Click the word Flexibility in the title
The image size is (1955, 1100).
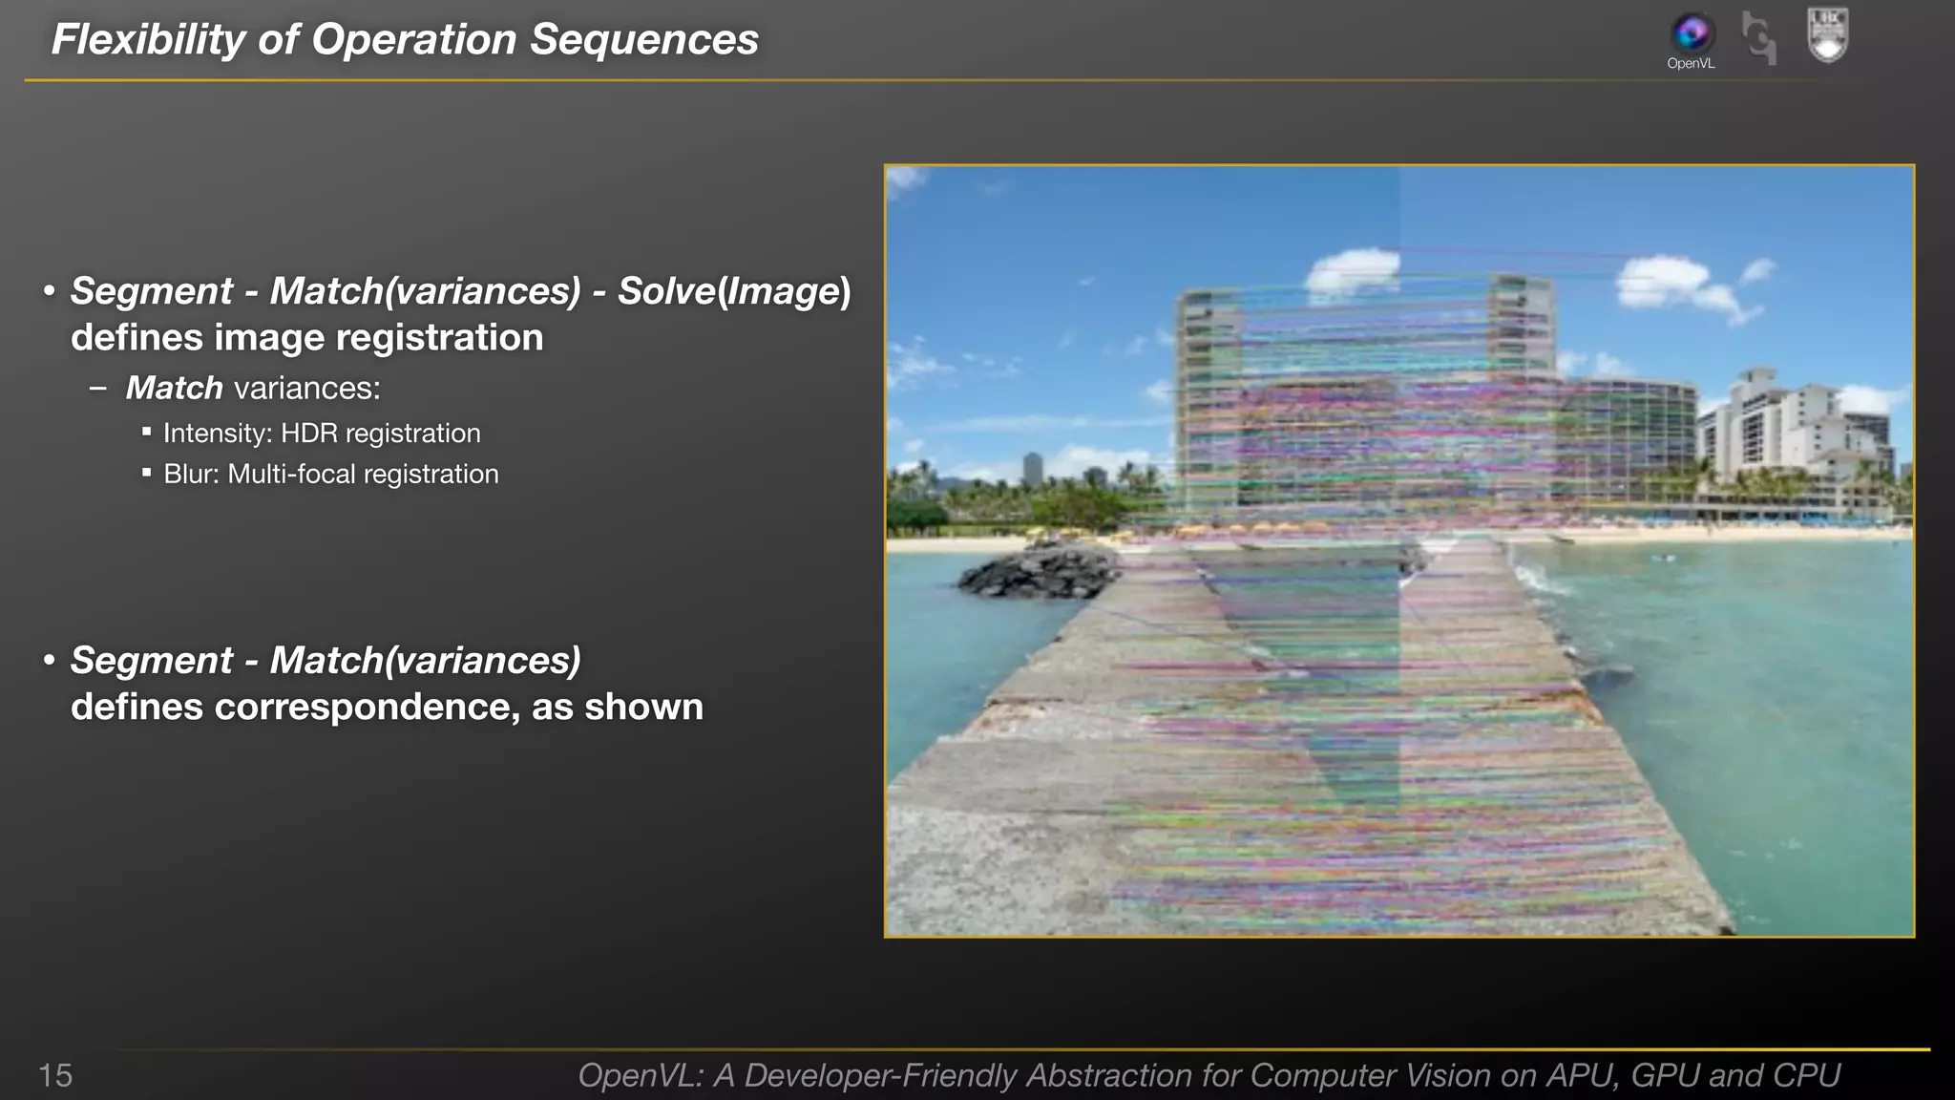click(x=148, y=40)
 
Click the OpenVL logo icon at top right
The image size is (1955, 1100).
click(x=1692, y=33)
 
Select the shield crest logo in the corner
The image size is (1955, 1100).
click(x=1828, y=35)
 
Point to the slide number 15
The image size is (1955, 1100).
click(x=55, y=1075)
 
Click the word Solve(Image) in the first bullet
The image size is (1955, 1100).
click(x=733, y=291)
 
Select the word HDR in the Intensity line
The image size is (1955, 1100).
click(x=308, y=434)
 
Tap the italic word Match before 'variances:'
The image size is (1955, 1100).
click(x=174, y=389)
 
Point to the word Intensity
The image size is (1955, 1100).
click(x=217, y=434)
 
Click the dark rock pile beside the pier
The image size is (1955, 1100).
click(x=1036, y=570)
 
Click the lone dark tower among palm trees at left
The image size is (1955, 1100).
click(x=1033, y=468)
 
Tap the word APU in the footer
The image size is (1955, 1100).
click(x=1581, y=1075)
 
